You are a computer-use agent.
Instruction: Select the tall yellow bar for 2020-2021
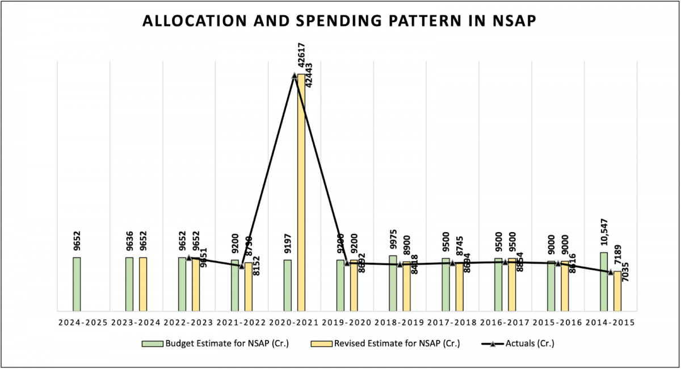pos(301,193)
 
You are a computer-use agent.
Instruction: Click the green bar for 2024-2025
pos(77,284)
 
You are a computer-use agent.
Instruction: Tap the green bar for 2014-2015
pos(604,282)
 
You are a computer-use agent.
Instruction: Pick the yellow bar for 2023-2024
pos(143,284)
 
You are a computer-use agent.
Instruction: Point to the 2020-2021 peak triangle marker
pos(294,76)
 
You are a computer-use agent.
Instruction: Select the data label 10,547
pos(604,234)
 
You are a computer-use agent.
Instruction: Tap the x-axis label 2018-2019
pos(400,322)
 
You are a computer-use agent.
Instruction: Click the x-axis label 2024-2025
pos(83,322)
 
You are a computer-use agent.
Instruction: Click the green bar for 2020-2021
pos(288,285)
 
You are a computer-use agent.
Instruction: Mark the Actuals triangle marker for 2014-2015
pos(611,272)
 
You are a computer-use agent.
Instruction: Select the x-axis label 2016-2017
pos(505,322)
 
